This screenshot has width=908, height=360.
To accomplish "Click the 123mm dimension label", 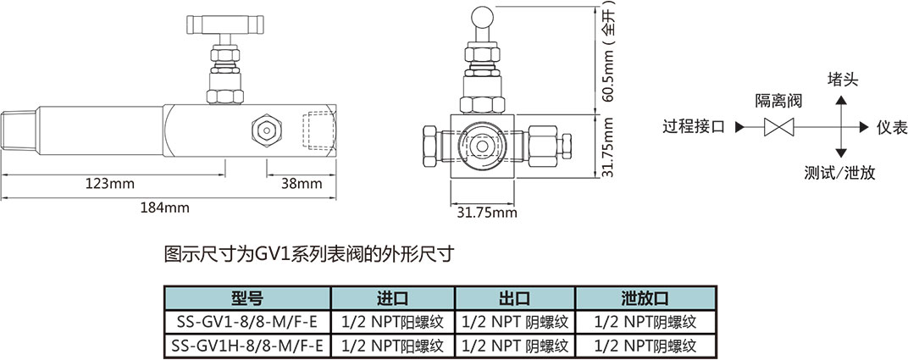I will point(110,183).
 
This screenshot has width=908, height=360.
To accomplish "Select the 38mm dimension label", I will point(302,183).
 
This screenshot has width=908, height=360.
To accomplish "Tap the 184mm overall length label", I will point(165,207).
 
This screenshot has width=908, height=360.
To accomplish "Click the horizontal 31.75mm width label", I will point(481,212).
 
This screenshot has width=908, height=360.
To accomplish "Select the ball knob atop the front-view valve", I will point(482,14).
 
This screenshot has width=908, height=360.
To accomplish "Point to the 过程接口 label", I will point(694,127).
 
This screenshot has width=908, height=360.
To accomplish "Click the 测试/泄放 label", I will point(840,173).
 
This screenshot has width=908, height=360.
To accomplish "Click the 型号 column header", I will point(246,298).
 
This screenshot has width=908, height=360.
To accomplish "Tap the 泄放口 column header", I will point(645,298).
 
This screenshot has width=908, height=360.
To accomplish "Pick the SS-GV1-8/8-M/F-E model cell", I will point(246,322).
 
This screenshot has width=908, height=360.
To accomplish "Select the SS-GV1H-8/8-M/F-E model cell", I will point(246,345).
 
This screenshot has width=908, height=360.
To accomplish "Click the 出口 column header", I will point(514,298).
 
